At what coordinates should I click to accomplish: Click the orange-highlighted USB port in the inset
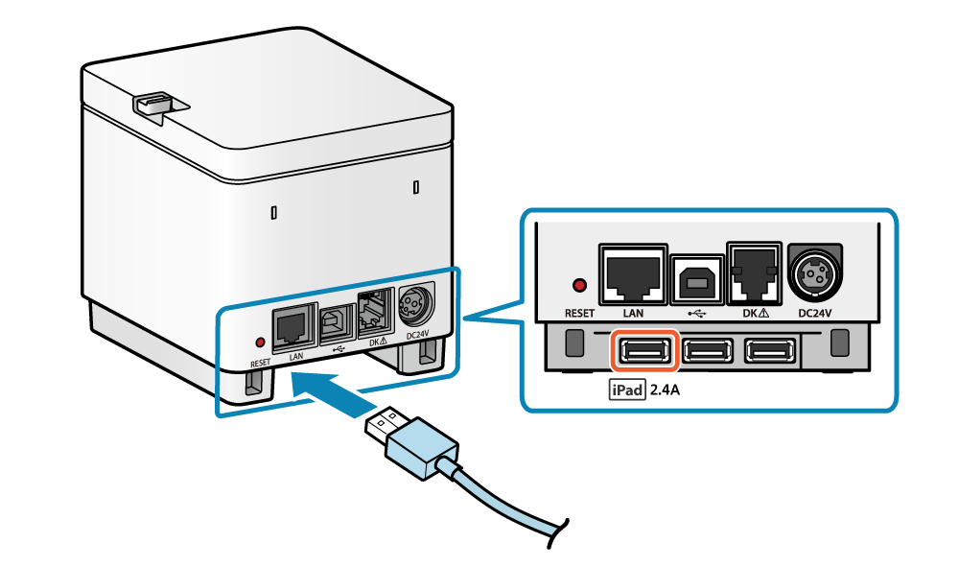coord(644,352)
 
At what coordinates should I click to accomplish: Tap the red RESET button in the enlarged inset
coord(578,285)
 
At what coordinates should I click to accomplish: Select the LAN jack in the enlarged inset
coord(631,271)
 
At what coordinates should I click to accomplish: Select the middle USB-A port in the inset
coord(709,352)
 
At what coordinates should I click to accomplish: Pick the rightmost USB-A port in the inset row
coord(771,352)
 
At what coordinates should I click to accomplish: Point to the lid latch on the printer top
coord(152,103)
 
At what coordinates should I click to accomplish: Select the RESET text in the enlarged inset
coord(579,313)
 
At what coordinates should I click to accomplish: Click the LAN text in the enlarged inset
coord(631,313)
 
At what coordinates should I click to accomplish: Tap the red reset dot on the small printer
coord(259,341)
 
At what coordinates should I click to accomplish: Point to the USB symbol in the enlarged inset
coord(697,313)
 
